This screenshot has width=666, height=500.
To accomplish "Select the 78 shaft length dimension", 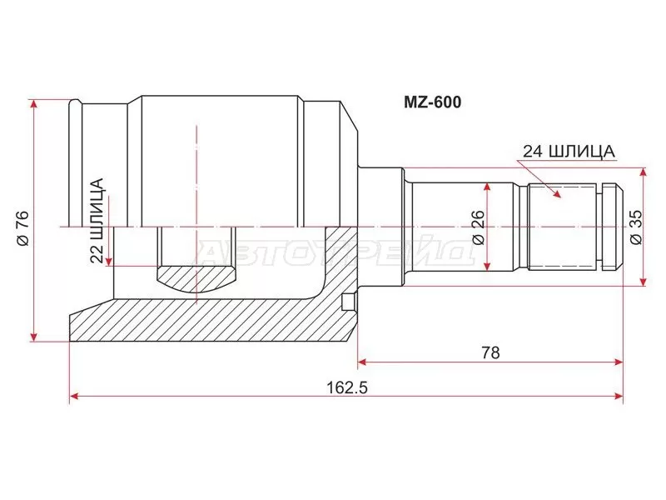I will click(x=490, y=352).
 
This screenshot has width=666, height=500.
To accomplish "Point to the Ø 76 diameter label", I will click(x=22, y=227).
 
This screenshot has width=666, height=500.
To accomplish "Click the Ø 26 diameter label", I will click(x=478, y=227).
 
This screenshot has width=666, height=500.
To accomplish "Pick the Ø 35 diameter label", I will click(x=635, y=227).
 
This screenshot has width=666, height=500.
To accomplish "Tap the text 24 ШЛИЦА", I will click(x=569, y=151).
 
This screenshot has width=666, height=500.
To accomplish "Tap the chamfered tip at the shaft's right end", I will click(x=616, y=226).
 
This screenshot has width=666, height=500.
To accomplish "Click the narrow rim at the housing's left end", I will click(x=76, y=162).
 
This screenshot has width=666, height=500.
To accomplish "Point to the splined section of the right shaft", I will click(x=563, y=226).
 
